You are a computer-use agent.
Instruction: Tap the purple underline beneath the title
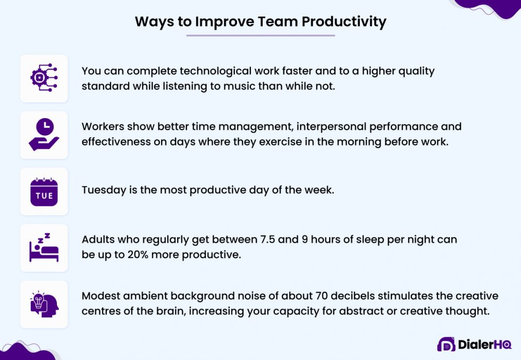click(x=260, y=36)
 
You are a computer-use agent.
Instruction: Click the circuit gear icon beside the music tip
click(x=44, y=78)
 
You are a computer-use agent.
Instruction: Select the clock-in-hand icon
click(x=44, y=135)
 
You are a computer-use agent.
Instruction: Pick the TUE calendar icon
click(x=44, y=191)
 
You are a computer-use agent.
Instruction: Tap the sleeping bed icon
click(x=44, y=248)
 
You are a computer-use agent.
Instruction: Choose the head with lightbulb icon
click(x=44, y=304)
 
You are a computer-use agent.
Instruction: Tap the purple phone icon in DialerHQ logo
click(x=446, y=345)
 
